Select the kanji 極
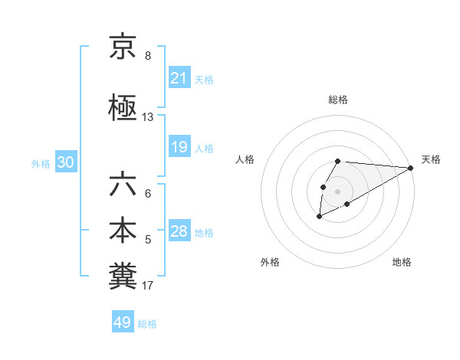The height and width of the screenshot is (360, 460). pyautogui.click(x=123, y=108)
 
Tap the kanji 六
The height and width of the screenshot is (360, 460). pyautogui.click(x=123, y=185)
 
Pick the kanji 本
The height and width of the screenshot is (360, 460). pyautogui.click(x=123, y=231)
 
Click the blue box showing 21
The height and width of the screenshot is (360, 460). pyautogui.click(x=179, y=78)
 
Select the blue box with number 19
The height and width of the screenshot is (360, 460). pyautogui.click(x=179, y=147)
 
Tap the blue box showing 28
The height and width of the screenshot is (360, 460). pyautogui.click(x=179, y=231)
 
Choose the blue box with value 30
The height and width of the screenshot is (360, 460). pyautogui.click(x=65, y=162)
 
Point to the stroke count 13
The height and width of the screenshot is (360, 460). pyautogui.click(x=148, y=117)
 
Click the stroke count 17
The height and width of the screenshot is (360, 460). pyautogui.click(x=148, y=286)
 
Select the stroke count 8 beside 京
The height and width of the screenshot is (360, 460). pyautogui.click(x=148, y=56)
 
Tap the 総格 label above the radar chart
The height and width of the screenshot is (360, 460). pyautogui.click(x=338, y=100)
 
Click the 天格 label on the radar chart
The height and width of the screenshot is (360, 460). pyautogui.click(x=431, y=159)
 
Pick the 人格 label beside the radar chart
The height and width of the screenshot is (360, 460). pyautogui.click(x=245, y=159)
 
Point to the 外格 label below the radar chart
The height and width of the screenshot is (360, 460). pyautogui.click(x=270, y=262)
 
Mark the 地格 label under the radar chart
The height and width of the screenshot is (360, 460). pyautogui.click(x=402, y=262)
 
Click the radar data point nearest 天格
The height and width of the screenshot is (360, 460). pyautogui.click(x=411, y=168)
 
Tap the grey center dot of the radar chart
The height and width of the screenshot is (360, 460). pyautogui.click(x=337, y=191)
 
